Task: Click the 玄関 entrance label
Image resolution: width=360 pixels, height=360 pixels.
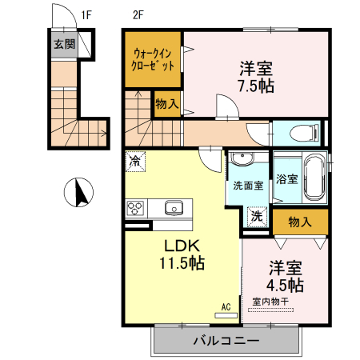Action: pos(64,44)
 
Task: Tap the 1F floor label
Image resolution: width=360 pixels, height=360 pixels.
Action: pos(86,14)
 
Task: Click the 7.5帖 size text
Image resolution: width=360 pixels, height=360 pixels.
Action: pos(255,86)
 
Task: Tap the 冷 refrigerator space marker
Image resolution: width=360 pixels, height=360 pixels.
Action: pos(135,161)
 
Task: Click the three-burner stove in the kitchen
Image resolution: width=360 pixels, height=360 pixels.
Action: pos(135,209)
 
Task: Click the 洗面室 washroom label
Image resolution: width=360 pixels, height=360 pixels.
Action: pos(246,186)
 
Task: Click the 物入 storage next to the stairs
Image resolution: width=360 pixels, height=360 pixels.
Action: pos(166,103)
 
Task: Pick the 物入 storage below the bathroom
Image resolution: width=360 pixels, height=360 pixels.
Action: pos(299,222)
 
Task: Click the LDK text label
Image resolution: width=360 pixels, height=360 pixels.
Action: pos(182,246)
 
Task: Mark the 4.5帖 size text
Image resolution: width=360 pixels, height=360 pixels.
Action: pos(285,284)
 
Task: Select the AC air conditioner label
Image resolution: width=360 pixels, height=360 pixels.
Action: pos(226,306)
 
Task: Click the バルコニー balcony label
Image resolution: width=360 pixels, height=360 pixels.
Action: pos(225,341)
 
